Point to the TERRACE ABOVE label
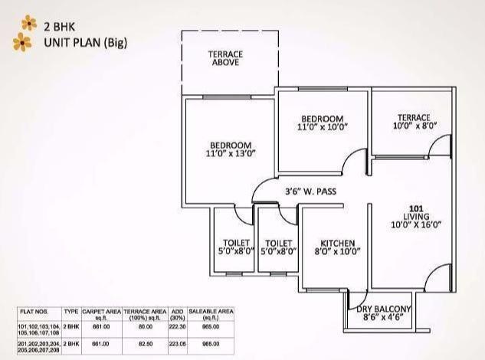point(225,58)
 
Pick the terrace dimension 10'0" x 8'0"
point(414,126)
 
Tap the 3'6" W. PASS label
point(310,191)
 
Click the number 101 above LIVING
point(415,208)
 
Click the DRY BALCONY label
point(385,309)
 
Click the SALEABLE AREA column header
point(211,314)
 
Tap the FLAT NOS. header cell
point(38,312)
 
